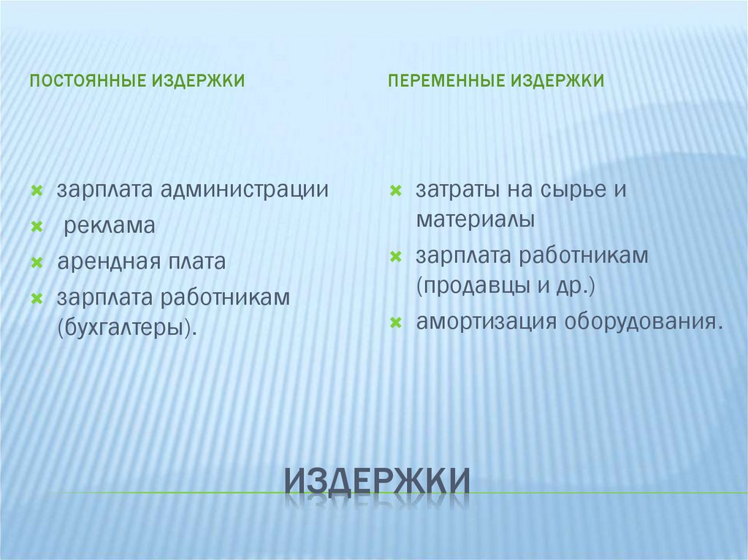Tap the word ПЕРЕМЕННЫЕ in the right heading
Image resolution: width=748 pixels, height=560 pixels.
[x=445, y=80]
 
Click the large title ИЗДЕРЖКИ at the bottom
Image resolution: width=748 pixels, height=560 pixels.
[x=376, y=482]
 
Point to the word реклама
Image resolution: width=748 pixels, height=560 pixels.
[x=109, y=226]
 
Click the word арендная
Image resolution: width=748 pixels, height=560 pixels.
[x=103, y=262]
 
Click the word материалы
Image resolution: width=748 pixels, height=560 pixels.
[x=476, y=219]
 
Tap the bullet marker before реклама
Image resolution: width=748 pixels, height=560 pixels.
[x=36, y=226]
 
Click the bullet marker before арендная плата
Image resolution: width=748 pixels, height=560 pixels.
[x=36, y=262]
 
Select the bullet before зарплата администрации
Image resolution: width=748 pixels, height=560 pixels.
[x=36, y=191]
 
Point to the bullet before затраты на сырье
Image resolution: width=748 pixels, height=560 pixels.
[x=394, y=191]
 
